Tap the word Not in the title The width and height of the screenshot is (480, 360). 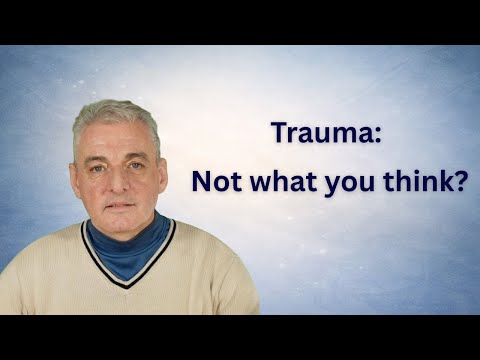pyautogui.click(x=215, y=184)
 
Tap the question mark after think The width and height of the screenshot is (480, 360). pyautogui.click(x=461, y=184)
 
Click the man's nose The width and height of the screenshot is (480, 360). pyautogui.click(x=118, y=183)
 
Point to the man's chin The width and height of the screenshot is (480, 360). pyautogui.click(x=118, y=221)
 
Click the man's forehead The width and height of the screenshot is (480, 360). pyautogui.click(x=118, y=140)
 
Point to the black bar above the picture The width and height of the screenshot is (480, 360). pyautogui.click(x=240, y=20)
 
